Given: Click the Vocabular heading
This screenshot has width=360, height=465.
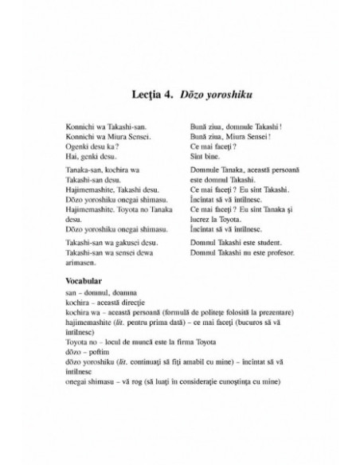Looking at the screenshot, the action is pyautogui.click(x=82, y=283).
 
